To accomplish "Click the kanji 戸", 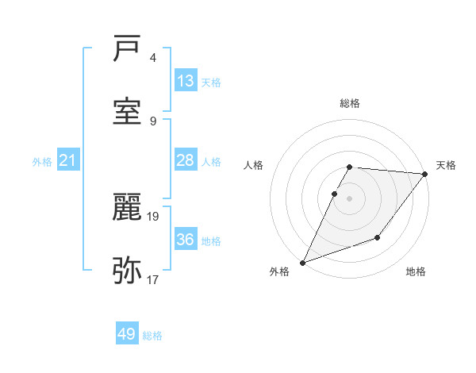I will click(x=128, y=50).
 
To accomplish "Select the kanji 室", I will click(x=128, y=111).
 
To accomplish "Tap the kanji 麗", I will click(x=128, y=208).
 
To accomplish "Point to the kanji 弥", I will click(x=128, y=270).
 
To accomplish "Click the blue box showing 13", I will click(x=186, y=81).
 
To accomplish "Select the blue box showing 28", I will click(x=186, y=160).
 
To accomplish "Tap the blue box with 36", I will click(x=186, y=240).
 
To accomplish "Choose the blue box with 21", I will click(x=68, y=161).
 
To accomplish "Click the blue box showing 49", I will click(x=127, y=334).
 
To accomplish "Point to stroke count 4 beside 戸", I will click(x=153, y=59).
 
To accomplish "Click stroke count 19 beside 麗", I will click(x=154, y=216).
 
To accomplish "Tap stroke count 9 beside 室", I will click(x=153, y=121).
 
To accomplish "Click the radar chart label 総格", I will click(x=349, y=103).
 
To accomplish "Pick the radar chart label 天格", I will click(x=446, y=165).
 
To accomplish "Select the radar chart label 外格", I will click(x=279, y=272).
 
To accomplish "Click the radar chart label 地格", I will click(x=416, y=272).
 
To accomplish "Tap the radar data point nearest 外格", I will click(x=302, y=263).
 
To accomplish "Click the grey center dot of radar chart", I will click(x=349, y=198).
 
